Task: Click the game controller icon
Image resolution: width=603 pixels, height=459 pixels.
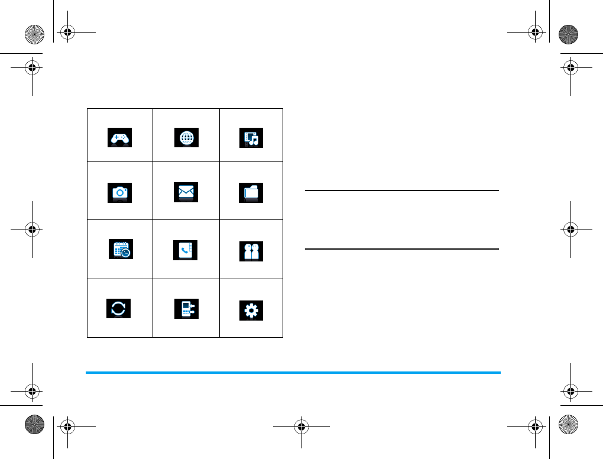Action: click(x=119, y=137)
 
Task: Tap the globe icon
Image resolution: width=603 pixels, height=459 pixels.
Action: click(x=186, y=137)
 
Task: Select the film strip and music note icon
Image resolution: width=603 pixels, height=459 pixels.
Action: click(x=252, y=138)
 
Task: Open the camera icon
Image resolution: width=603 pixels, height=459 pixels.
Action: click(x=119, y=193)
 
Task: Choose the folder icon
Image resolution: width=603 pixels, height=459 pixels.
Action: click(x=252, y=193)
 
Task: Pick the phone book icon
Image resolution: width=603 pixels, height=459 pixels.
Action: click(x=186, y=250)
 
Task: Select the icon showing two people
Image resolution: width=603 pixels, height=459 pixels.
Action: click(x=252, y=251)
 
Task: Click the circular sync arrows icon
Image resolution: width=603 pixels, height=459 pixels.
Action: click(x=118, y=308)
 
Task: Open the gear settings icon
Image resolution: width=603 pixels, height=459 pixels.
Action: click(x=252, y=311)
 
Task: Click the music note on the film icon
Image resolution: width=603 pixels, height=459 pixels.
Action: click(x=255, y=141)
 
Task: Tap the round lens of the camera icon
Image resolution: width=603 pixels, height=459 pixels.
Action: click(x=119, y=193)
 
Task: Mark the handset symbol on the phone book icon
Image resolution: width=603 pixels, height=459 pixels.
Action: click(x=184, y=251)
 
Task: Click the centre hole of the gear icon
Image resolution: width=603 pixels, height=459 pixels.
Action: click(x=252, y=311)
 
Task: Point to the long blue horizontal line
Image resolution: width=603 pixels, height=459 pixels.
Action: click(x=293, y=373)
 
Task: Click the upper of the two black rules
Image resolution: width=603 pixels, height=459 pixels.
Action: click(x=402, y=190)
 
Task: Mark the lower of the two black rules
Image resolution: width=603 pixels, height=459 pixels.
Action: click(x=402, y=249)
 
